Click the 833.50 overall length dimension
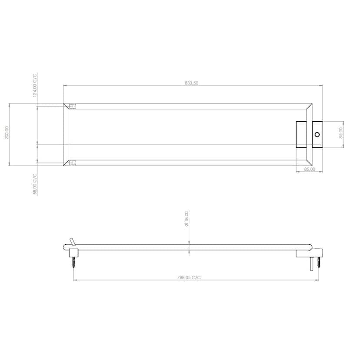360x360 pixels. click(x=192, y=83)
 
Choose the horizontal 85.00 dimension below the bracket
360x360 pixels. click(x=309, y=169)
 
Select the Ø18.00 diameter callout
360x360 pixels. click(x=187, y=219)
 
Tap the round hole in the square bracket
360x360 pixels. click(x=317, y=134)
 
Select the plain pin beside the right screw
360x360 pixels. click(x=312, y=263)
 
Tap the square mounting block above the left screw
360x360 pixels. click(x=73, y=253)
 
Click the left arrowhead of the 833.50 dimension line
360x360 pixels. click(x=65, y=86)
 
